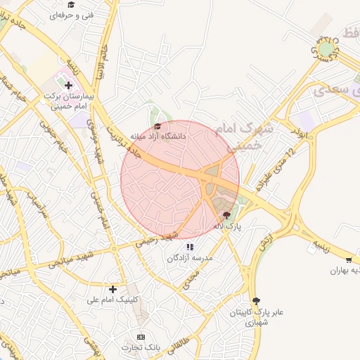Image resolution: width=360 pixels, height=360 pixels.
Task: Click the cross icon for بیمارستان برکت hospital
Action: coord(68,85)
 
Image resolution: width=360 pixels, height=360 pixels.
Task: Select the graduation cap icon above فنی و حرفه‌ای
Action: coord(71,4)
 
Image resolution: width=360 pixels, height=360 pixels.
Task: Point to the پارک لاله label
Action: coord(227,226)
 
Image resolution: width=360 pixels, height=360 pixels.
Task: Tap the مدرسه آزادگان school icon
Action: coord(190,247)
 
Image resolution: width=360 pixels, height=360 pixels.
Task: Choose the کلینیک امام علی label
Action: coord(113,300)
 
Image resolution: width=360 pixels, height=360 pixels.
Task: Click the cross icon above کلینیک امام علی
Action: coord(112,288)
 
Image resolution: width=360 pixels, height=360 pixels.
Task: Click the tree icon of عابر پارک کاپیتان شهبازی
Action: coord(255,301)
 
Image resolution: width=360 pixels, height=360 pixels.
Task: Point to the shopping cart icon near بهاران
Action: coord(349,261)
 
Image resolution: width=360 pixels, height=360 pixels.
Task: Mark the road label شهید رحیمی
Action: coord(163,238)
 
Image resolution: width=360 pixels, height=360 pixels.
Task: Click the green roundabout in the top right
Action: coord(326,49)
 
